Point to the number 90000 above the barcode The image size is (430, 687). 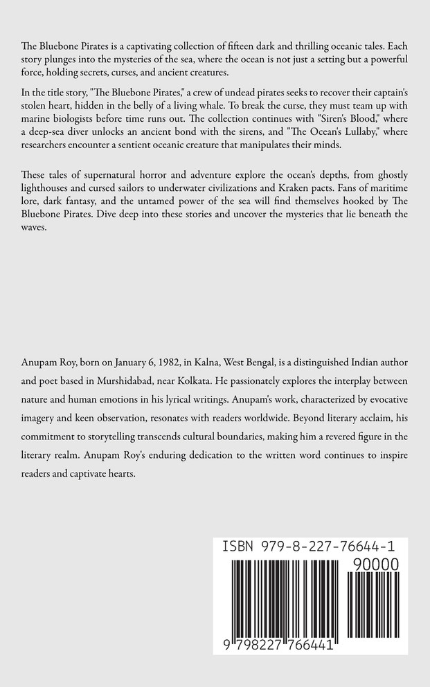point(375,565)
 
